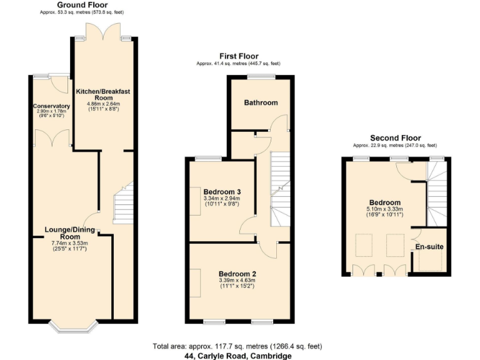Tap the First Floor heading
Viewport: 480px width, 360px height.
pyautogui.click(x=238, y=56)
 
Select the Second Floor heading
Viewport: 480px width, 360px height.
pyautogui.click(x=395, y=138)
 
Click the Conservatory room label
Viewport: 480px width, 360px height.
pyautogui.click(x=51, y=106)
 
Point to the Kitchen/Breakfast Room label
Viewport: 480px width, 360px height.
pyautogui.click(x=103, y=94)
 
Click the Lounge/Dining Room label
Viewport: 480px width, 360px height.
pyautogui.click(x=71, y=233)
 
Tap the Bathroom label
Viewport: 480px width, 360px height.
pyautogui.click(x=261, y=102)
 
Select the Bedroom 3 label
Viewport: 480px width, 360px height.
pyautogui.click(x=222, y=191)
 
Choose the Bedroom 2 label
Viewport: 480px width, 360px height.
pyautogui.click(x=237, y=273)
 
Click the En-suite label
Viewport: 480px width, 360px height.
pyautogui.click(x=429, y=247)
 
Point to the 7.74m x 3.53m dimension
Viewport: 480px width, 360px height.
pyautogui.click(x=71, y=244)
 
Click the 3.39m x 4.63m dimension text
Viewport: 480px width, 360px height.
pyautogui.click(x=237, y=281)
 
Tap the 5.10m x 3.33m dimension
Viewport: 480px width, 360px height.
pyautogui.click(x=384, y=209)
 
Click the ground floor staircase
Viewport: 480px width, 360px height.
pyautogui.click(x=123, y=203)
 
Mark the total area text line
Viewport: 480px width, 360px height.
pyautogui.click(x=237, y=346)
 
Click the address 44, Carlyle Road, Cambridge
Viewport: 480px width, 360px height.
pyautogui.click(x=237, y=356)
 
